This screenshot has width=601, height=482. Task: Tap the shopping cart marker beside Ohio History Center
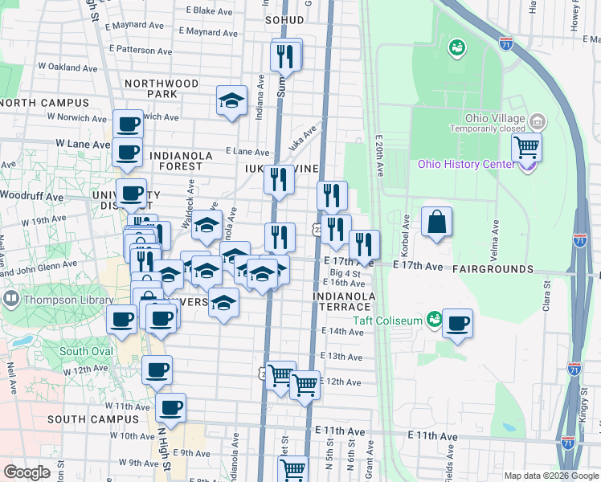pos(526,147)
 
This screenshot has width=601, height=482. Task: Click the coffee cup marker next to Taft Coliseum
pos(457,323)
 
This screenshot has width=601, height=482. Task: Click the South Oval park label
pos(84,351)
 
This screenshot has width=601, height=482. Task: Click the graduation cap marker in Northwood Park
pos(231,100)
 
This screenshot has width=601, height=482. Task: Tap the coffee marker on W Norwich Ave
pos(128,125)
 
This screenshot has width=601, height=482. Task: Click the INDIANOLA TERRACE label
pos(345,302)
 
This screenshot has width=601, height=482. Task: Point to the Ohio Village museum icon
pos(538,122)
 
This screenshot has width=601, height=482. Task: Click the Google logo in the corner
pos(27,472)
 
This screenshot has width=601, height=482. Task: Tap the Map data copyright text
pos(551,476)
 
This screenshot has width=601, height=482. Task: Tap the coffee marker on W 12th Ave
pos(157,370)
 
